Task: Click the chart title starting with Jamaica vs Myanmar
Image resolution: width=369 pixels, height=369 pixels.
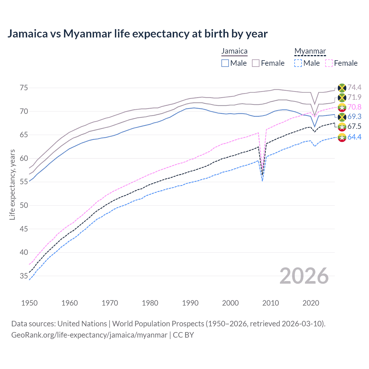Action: point(138,34)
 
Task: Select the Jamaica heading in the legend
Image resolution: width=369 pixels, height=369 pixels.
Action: point(234,51)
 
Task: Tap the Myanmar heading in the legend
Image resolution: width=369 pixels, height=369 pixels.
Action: point(310,51)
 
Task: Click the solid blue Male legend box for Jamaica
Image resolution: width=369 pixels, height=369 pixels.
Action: point(225,63)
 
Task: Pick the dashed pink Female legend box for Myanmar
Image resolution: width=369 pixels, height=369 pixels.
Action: point(329,63)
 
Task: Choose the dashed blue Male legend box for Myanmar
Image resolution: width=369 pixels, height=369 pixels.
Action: point(298,63)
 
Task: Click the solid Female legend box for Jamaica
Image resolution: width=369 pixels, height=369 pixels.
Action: point(256,63)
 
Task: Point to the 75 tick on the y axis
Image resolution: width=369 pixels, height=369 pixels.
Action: point(24,88)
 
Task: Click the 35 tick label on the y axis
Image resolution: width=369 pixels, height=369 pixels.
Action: point(24,276)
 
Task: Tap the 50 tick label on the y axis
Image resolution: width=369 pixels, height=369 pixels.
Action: point(24,206)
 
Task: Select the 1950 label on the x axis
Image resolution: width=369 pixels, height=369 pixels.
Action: point(29,303)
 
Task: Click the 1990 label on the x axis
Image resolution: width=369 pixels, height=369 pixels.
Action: point(190,303)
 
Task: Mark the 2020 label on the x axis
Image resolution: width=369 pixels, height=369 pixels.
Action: point(311,303)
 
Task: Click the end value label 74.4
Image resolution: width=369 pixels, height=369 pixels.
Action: point(354,88)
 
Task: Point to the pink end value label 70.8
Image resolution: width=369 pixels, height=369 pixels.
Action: point(354,107)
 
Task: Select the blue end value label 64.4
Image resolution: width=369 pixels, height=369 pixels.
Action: point(354,137)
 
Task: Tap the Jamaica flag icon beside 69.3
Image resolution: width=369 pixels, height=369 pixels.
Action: point(342,117)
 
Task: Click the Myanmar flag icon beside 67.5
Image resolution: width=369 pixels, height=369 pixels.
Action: point(342,127)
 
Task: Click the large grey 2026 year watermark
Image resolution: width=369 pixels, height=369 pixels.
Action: point(304,276)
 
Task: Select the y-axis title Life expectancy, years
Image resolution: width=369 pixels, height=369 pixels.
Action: point(12,184)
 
